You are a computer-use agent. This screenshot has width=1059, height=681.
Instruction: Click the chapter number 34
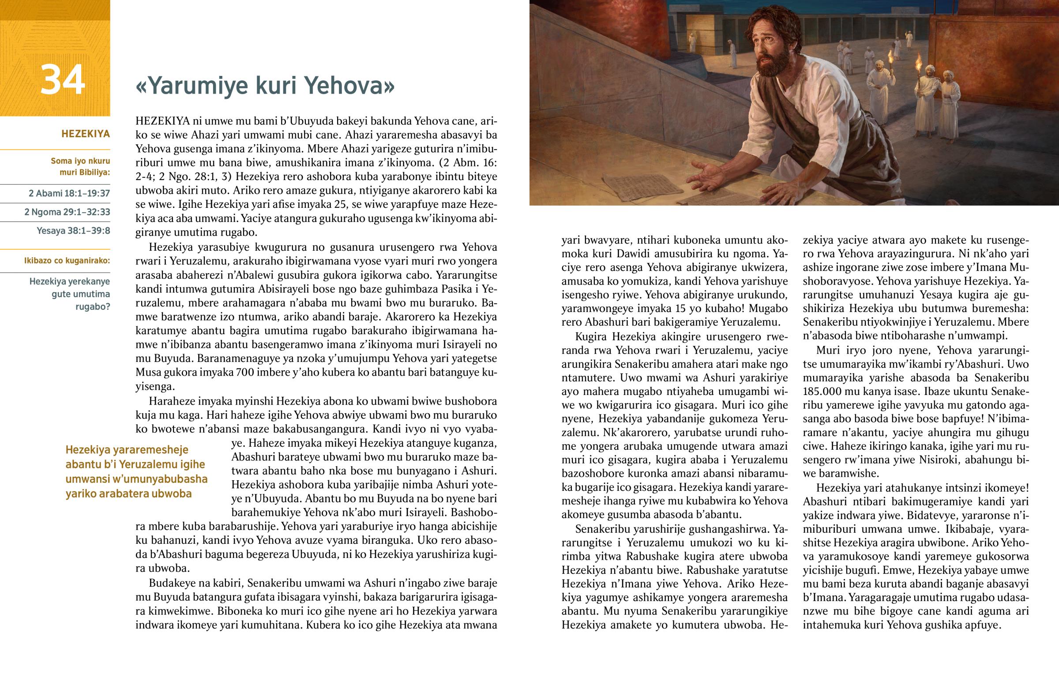pos(62,80)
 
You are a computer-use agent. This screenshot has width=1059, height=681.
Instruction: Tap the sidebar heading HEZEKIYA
pos(85,134)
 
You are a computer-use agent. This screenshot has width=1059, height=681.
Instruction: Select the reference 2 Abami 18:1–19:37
pos(69,193)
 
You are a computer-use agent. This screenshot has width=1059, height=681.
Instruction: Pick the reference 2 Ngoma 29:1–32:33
pos(67,212)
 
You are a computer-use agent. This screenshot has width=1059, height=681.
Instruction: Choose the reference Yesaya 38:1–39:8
pos(73,230)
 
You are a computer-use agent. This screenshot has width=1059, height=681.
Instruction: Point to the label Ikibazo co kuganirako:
pos(67,260)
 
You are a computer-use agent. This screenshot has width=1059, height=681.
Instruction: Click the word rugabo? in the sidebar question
pos(93,306)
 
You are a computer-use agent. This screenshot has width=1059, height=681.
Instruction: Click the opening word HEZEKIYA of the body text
pos(163,121)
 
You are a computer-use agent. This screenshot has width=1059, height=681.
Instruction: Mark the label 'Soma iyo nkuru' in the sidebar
pos(80,161)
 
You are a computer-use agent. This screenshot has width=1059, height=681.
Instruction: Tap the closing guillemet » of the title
pos(389,86)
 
